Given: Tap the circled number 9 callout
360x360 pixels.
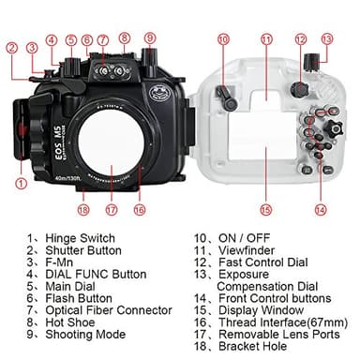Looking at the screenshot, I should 150,38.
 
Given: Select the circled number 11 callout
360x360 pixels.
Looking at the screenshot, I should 266,38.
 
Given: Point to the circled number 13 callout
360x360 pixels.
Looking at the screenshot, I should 326,38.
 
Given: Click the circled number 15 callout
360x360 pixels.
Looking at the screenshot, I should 266,209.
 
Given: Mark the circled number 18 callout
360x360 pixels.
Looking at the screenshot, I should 83,209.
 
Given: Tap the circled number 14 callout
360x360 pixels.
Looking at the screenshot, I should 322,209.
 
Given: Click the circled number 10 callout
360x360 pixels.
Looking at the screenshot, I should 223,38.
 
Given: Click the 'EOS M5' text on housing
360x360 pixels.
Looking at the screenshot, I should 57,151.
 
